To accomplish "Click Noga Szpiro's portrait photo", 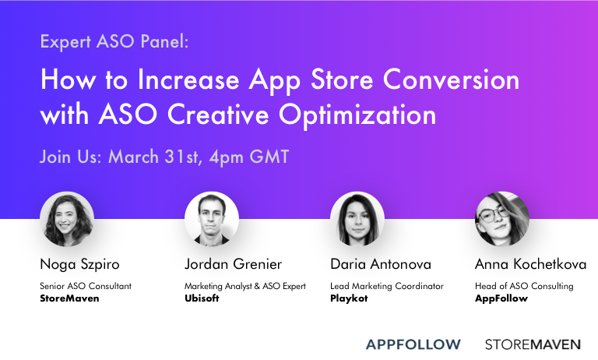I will (67, 219).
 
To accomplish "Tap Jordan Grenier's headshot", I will (212, 219).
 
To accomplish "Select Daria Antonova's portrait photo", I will (357, 219).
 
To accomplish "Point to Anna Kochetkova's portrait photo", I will (502, 219).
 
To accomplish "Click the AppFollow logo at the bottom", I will (413, 344).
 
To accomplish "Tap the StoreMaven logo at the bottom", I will (533, 344).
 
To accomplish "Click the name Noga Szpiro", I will (79, 265).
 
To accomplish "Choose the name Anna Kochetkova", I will (530, 265).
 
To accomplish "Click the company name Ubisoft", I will (202, 298).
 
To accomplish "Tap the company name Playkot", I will (348, 298).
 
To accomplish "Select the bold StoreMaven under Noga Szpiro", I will (69, 298).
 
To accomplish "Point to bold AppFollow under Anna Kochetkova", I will (501, 298).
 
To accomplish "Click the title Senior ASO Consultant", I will (86, 286).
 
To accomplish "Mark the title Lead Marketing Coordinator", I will (387, 286).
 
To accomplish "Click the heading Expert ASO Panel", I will (114, 42).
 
